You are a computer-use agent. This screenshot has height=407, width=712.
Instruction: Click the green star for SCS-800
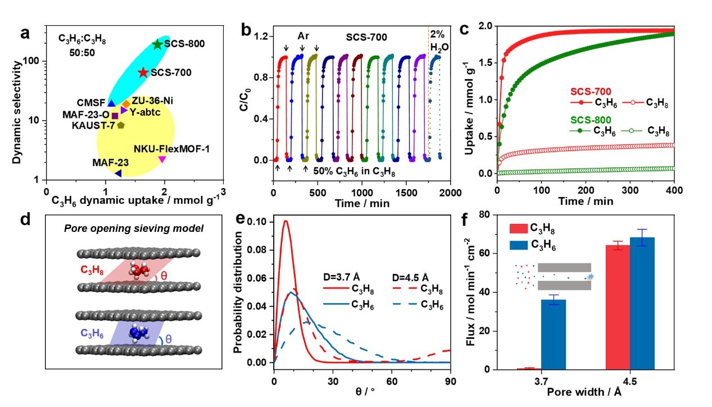click(157, 44)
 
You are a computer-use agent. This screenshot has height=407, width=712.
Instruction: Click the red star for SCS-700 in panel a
click(143, 72)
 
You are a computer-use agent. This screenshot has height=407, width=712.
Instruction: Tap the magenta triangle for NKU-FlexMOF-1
click(162, 159)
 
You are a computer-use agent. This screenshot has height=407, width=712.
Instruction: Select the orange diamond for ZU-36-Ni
click(126, 104)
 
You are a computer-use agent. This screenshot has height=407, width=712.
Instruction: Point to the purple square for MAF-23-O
click(115, 116)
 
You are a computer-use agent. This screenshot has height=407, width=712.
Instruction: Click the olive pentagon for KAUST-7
click(120, 125)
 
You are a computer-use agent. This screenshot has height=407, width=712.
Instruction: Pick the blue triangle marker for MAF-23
click(118, 173)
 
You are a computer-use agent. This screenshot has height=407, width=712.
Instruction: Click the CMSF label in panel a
click(91, 103)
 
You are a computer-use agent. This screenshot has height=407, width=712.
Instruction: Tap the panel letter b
click(246, 31)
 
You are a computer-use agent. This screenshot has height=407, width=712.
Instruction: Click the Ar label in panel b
click(303, 36)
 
